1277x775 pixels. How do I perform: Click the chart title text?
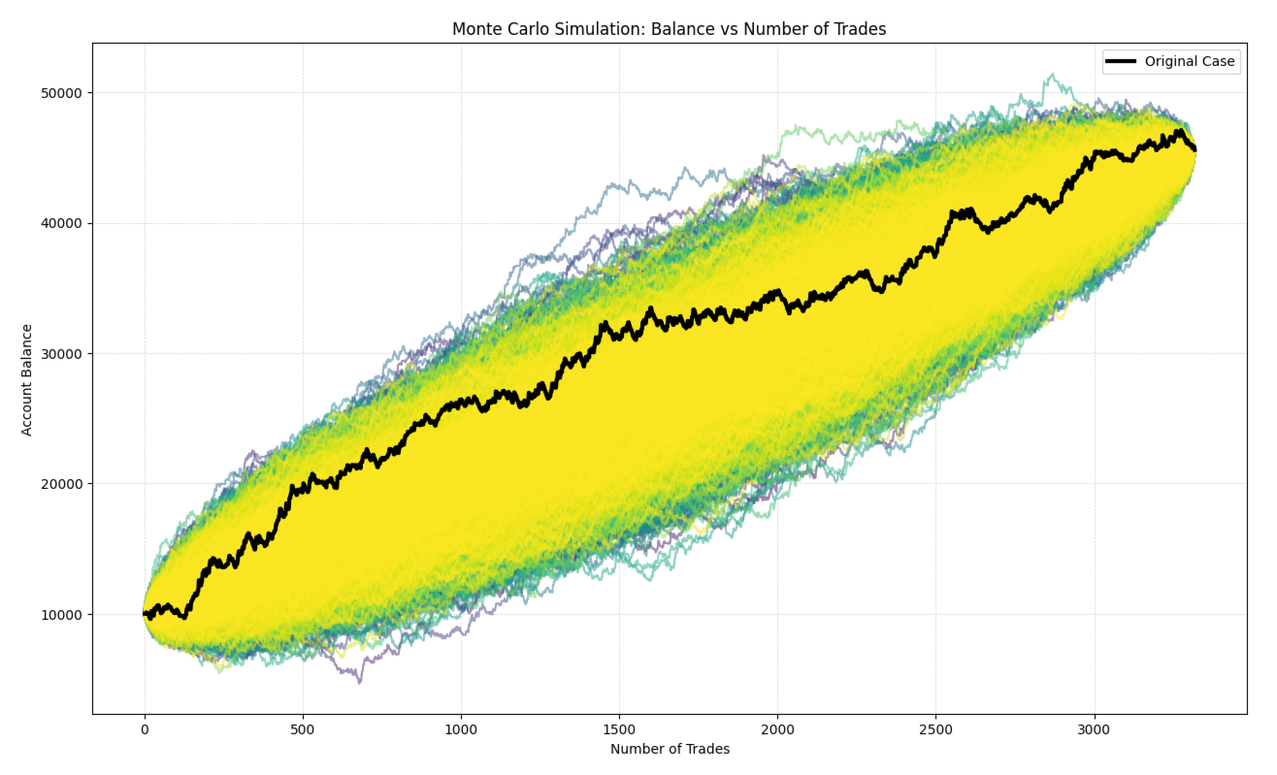pos(669,29)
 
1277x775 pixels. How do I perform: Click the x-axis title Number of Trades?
pos(670,749)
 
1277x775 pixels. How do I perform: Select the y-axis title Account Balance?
pos(27,379)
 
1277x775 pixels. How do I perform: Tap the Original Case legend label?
pos(1190,61)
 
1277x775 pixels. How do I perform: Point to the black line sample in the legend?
pos(1123,61)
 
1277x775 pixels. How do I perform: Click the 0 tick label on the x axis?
pos(145,728)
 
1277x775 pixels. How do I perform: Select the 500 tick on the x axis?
pos(303,728)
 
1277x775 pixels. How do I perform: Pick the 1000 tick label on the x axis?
pos(461,728)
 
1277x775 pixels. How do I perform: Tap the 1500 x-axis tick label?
pos(619,728)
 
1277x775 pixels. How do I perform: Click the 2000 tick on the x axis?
pos(777,728)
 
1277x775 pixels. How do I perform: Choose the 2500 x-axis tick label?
pos(935,728)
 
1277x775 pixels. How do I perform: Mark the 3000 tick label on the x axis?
pos(1094,728)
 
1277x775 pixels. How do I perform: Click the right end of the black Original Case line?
pos(1195,149)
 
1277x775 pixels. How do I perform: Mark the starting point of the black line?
pos(145,613)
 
